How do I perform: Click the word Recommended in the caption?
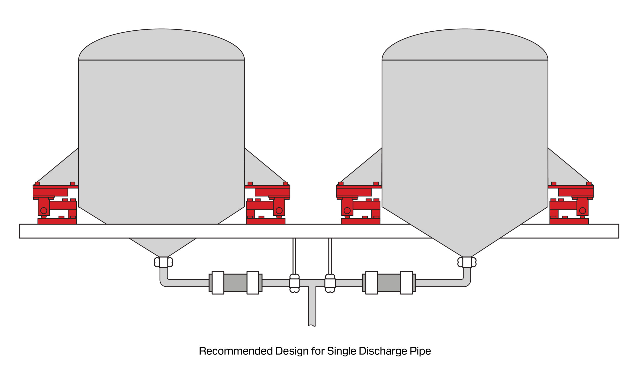pyautogui.click(x=236, y=351)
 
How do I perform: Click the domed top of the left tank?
pyautogui.click(x=161, y=44)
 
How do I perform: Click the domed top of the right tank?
pyautogui.click(x=465, y=44)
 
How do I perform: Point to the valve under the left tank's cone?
pyautogui.click(x=163, y=262)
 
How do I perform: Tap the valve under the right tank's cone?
pyautogui.click(x=467, y=262)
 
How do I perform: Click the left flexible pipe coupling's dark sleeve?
pyautogui.click(x=235, y=283)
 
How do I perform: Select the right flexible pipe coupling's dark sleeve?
pyautogui.click(x=389, y=283)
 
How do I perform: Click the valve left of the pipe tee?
pyautogui.click(x=294, y=283)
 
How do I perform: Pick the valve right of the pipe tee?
pyautogui.click(x=330, y=283)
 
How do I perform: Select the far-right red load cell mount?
pyautogui.click(x=571, y=203)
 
